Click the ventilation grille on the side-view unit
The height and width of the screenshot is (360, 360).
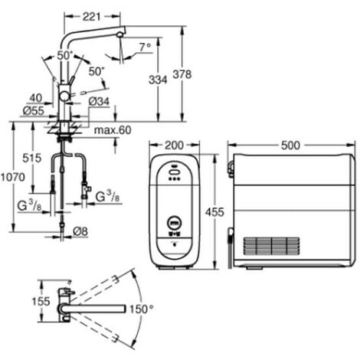[271, 246]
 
